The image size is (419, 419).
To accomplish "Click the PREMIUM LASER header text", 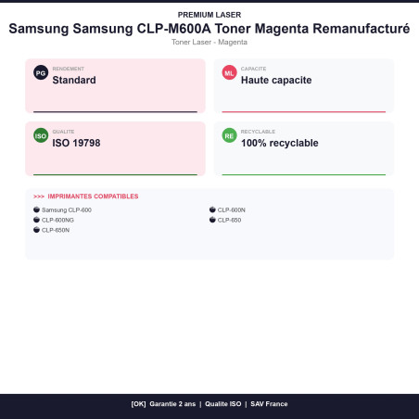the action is (209, 15).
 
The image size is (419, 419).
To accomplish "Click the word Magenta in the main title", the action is (282, 29).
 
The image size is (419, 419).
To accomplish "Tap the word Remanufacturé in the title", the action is (362, 29).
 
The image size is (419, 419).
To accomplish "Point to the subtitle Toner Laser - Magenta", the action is (209, 42).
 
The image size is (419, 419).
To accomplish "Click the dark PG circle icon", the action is (41, 72).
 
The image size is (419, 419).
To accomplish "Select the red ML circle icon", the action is (229, 72).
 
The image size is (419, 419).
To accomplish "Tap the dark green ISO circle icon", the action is (41, 135).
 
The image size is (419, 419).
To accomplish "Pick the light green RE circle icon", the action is (229, 135).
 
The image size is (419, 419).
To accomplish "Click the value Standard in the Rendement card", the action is (74, 80).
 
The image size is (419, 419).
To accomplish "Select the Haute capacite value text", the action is (276, 80).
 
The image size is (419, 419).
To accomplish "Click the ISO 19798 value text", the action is (76, 143).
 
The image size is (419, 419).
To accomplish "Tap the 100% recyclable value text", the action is (280, 143).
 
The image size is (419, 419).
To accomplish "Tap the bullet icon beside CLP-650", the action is (212, 220).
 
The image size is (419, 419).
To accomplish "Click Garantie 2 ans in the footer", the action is (172, 404).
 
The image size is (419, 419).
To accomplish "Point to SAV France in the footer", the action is (269, 404).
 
